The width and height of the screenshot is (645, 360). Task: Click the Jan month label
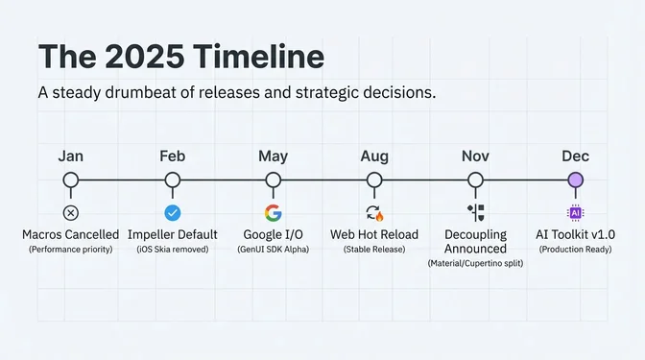[x=71, y=156]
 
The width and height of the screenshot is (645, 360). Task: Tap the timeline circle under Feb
[x=173, y=180]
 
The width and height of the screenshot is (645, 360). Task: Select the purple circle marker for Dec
[x=575, y=180]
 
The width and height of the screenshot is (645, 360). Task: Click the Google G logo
[x=274, y=213]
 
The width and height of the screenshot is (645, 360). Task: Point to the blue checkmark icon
[x=173, y=213]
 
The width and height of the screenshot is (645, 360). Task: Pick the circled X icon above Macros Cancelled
[x=71, y=213]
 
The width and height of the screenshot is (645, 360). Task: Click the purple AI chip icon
[x=575, y=213]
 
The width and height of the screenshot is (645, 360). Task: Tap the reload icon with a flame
[x=374, y=213]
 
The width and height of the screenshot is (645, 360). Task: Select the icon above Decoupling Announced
[x=475, y=213]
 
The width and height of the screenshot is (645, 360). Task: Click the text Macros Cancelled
[x=71, y=234]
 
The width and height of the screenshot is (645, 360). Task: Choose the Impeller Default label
[x=173, y=234]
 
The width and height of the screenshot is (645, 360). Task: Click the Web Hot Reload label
[x=374, y=234]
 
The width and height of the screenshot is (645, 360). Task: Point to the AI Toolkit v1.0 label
[x=575, y=234]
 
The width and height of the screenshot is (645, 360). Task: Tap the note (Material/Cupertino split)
[x=475, y=264]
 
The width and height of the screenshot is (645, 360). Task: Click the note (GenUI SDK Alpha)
[x=274, y=250]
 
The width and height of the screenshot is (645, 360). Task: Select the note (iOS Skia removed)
[x=173, y=250]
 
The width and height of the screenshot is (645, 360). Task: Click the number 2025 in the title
[x=144, y=57]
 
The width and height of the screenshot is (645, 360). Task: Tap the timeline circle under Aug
[x=374, y=180]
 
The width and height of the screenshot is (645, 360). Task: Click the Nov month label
[x=475, y=156]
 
